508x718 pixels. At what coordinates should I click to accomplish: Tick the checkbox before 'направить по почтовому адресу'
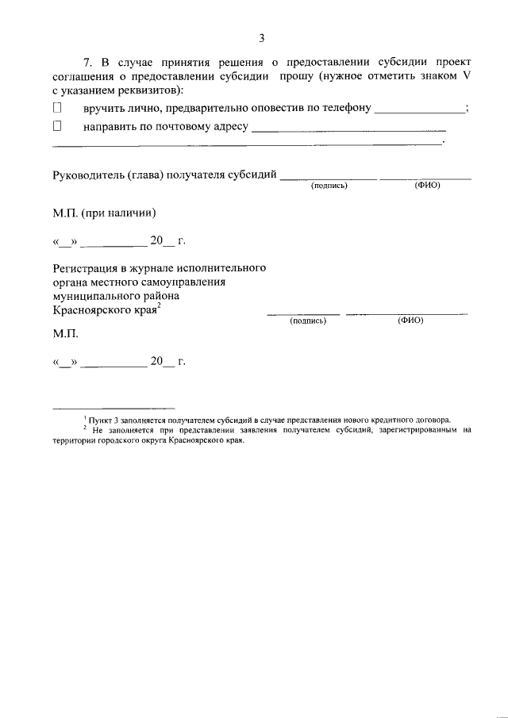point(57,126)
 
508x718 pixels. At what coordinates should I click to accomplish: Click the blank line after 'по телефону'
point(420,110)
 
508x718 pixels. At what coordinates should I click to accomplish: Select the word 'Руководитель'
point(87,175)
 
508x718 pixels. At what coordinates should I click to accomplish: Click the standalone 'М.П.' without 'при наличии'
point(65,336)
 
